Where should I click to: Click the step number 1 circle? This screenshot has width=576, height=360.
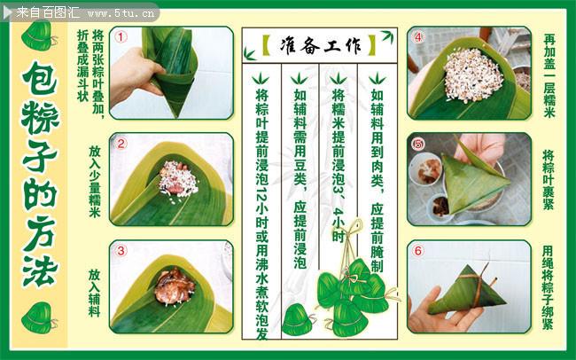[x=121, y=38]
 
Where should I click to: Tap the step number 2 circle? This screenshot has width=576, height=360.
[x=121, y=144]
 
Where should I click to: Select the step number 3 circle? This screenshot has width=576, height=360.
[x=121, y=251]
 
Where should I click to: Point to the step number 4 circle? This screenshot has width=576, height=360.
[x=418, y=37]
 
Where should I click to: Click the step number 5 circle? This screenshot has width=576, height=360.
[x=418, y=144]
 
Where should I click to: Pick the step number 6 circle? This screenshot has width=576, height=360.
[x=418, y=251]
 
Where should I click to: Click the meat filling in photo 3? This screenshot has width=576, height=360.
[x=173, y=286]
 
